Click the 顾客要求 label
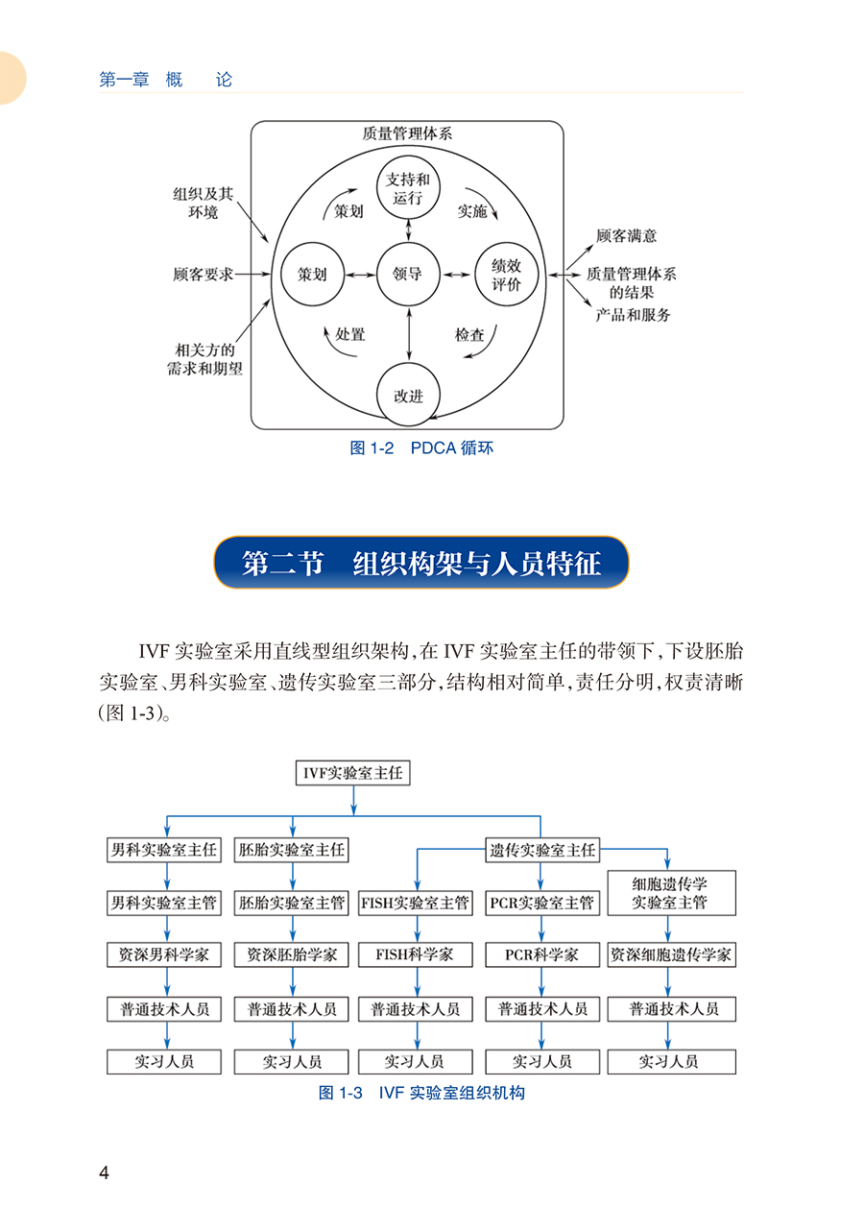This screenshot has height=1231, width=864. [x=204, y=274]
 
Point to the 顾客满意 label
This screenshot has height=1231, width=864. [x=626, y=236]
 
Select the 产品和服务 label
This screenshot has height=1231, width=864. [x=633, y=314]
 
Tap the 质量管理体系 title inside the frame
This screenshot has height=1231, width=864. [x=407, y=133]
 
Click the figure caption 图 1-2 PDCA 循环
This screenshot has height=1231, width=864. [x=421, y=447]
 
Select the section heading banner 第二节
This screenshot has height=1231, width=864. [x=420, y=562]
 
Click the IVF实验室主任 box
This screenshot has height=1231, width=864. [x=352, y=773]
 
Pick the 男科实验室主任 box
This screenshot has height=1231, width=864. [x=164, y=850]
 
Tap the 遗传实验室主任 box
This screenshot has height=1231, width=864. [x=542, y=850]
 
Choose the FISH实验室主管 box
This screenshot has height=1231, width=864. [x=416, y=903]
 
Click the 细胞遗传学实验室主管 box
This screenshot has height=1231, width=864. [x=671, y=892]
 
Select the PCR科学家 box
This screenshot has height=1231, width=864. [x=542, y=954]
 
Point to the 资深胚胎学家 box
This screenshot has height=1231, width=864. [x=291, y=954]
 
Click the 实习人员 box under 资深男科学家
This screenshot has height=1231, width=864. [x=164, y=1061]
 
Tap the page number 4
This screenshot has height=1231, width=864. [x=104, y=1172]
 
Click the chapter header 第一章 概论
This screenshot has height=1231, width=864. [x=165, y=80]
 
